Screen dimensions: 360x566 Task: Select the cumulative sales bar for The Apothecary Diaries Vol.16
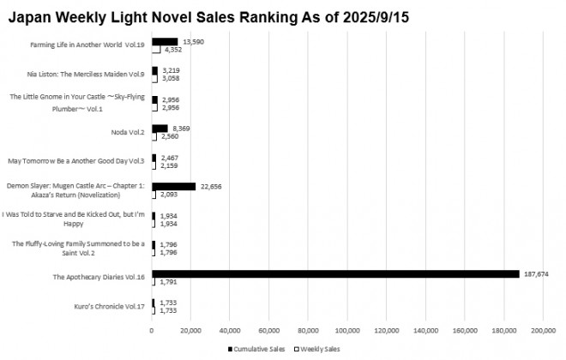click(x=335, y=273)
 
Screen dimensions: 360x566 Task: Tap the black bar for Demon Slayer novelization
click(x=174, y=186)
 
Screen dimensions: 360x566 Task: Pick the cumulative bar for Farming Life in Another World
click(x=165, y=41)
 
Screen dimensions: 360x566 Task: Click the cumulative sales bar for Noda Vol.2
click(x=160, y=129)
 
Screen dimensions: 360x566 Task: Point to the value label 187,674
click(x=536, y=273)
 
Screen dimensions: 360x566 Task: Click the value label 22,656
click(x=210, y=186)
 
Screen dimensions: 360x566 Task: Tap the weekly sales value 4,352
click(x=172, y=50)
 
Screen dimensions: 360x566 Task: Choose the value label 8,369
click(x=181, y=129)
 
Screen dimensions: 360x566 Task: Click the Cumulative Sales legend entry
click(x=257, y=350)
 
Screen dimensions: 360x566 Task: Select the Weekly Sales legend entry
click(x=320, y=350)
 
